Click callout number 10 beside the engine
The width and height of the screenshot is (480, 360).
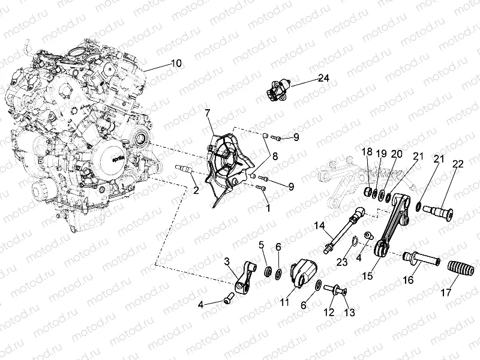click(176, 64)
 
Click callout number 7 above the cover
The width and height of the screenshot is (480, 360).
click(208, 113)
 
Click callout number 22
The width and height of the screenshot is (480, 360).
click(458, 164)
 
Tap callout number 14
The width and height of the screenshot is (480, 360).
click(319, 227)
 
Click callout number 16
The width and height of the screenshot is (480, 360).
click(409, 280)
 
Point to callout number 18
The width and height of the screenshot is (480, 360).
click(367, 152)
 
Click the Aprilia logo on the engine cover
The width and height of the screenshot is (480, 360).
click(116, 160)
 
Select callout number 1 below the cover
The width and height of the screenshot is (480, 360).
click(268, 208)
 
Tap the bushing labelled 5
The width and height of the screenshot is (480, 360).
click(269, 271)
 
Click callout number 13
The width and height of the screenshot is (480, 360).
click(350, 312)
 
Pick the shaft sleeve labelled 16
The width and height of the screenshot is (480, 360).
click(421, 258)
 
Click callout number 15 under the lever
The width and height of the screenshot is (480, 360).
click(367, 275)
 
